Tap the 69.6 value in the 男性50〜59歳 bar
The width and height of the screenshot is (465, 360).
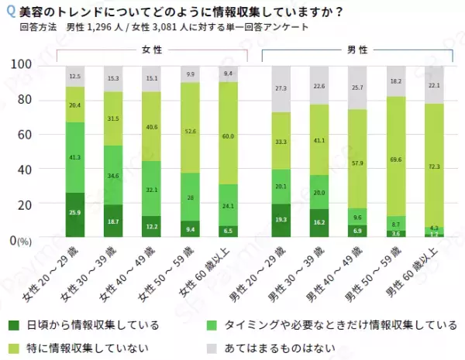(x=396, y=159)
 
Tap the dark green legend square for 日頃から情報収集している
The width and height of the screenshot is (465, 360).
(x=13, y=324)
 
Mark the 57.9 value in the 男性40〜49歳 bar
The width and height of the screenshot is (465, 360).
(x=357, y=164)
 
